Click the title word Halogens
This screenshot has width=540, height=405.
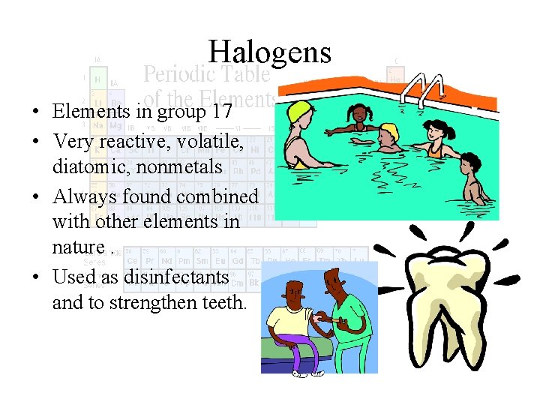[x=270, y=52]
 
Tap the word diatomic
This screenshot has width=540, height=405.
[x=90, y=166]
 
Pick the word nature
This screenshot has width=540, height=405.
[x=78, y=247]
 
